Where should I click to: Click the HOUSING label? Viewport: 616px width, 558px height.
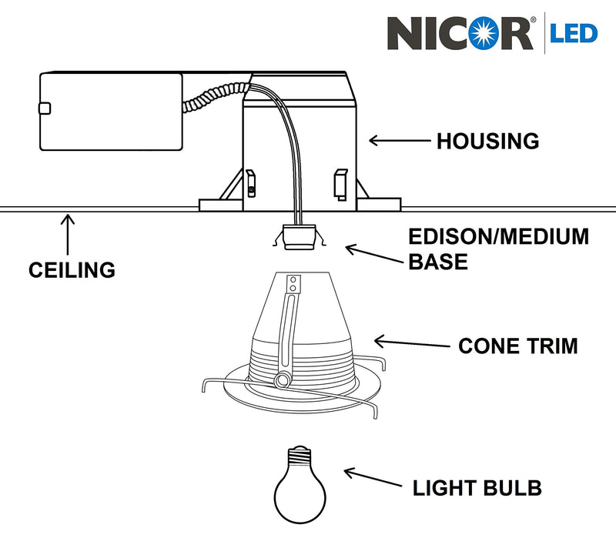tap(487, 142)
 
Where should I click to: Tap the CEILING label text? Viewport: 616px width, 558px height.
tap(72, 270)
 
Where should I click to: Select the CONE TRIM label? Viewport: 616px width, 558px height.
tap(517, 346)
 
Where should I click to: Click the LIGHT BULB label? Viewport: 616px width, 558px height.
tap(477, 488)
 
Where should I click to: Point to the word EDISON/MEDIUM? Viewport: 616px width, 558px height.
tap(497, 237)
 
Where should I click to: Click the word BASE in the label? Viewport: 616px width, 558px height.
tap(437, 262)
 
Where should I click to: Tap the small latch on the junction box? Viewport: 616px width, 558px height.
tap(45, 109)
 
